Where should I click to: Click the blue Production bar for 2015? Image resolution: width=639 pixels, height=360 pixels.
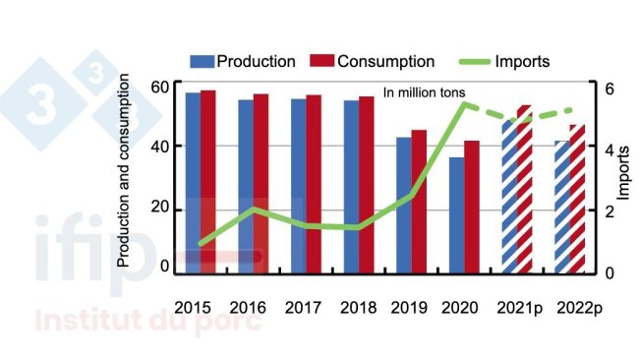point(193,182)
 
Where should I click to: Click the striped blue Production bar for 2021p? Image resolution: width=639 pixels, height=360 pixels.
point(509,197)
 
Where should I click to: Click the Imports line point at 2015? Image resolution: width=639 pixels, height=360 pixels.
point(201,243)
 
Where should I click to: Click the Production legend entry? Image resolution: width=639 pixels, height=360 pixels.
point(244,62)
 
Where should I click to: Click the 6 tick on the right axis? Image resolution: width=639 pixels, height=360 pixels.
point(609,88)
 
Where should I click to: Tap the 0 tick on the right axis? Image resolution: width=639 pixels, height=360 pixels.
point(609,272)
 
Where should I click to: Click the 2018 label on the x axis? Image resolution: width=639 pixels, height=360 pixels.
point(358,307)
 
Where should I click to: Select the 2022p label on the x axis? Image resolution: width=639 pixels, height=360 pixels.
point(575,307)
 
